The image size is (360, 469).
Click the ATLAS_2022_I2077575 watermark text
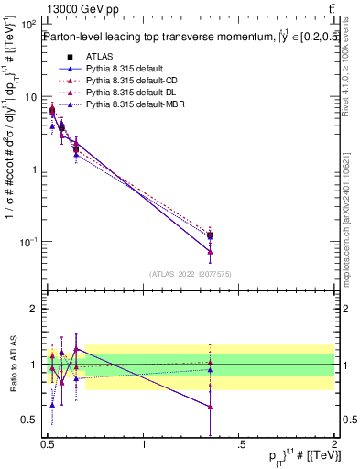point(191,273)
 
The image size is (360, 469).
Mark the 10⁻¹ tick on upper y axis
point(29,241)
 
